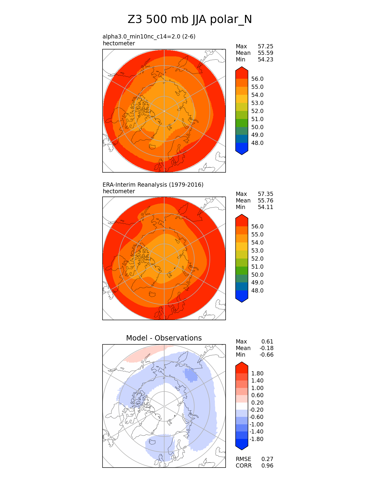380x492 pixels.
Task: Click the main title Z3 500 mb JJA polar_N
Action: click(x=190, y=20)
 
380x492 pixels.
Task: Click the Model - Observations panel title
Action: click(x=164, y=338)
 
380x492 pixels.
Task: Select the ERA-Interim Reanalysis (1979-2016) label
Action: click(x=153, y=185)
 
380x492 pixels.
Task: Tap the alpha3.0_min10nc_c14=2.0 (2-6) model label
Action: click(x=149, y=37)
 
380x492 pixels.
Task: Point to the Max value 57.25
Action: click(x=265, y=47)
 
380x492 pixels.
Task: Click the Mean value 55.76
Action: click(x=265, y=201)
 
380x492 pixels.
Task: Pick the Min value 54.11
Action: click(x=265, y=207)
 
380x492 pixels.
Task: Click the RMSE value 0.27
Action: click(x=267, y=459)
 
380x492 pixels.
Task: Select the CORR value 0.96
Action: click(x=267, y=466)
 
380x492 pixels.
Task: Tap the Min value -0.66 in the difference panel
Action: click(x=266, y=355)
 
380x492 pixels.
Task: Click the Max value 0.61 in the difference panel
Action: click(x=267, y=342)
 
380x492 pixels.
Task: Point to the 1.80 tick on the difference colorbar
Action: click(x=257, y=374)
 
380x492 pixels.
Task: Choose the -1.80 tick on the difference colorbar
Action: click(x=256, y=439)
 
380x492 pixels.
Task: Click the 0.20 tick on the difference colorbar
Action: click(x=257, y=403)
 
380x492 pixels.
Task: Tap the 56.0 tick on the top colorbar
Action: click(x=257, y=79)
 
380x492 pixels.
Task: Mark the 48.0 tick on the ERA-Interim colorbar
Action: click(x=257, y=291)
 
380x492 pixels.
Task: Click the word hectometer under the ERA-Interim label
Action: click(x=119, y=191)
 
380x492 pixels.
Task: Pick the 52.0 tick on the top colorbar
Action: click(x=257, y=111)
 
